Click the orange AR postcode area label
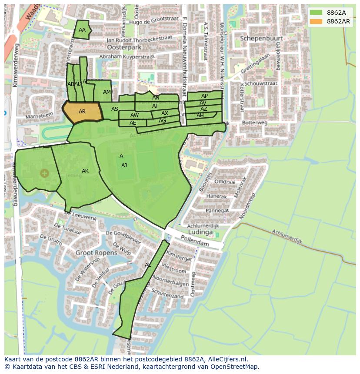click(82, 112)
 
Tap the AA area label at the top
click(82, 30)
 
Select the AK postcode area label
click(85, 171)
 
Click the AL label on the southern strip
click(148, 265)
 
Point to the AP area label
click(204, 96)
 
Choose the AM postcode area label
click(107, 92)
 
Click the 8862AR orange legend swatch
click(317, 21)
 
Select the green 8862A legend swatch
click(317, 12)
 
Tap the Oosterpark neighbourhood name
click(124, 47)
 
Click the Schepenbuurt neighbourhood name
click(261, 38)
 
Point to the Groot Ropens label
click(96, 252)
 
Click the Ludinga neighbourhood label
click(200, 232)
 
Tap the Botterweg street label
click(255, 123)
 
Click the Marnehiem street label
click(39, 116)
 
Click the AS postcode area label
click(115, 109)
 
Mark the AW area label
click(134, 115)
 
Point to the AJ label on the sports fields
click(124, 165)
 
